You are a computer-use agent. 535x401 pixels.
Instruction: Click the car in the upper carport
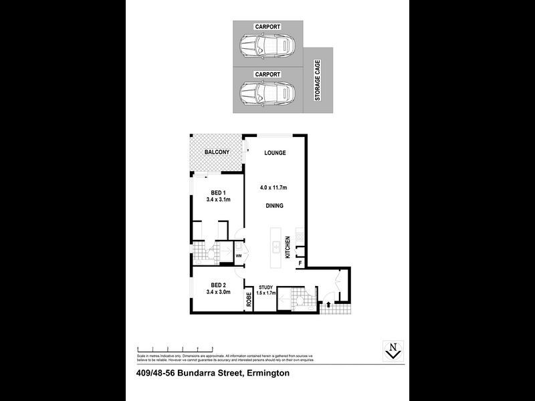click(x=266, y=47)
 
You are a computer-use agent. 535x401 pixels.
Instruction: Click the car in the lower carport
click(x=266, y=92)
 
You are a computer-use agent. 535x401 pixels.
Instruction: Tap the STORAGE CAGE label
click(x=318, y=80)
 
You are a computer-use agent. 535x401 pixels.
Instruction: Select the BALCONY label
click(x=217, y=152)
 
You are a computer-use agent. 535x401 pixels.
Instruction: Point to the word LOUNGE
click(x=275, y=153)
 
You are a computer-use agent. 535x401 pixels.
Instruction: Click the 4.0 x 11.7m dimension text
click(x=275, y=188)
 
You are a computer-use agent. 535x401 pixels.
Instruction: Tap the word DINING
click(x=275, y=207)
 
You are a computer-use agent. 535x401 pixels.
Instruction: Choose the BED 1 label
click(x=218, y=192)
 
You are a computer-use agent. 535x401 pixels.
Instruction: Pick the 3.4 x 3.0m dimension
click(x=218, y=292)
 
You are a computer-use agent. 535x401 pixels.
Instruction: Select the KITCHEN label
click(x=288, y=247)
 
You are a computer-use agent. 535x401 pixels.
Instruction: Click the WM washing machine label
click(x=238, y=255)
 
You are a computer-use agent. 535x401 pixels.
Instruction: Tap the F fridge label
click(x=301, y=264)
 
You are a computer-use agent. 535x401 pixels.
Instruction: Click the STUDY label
click(x=266, y=287)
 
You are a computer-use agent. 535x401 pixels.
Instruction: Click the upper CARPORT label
click(x=266, y=27)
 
